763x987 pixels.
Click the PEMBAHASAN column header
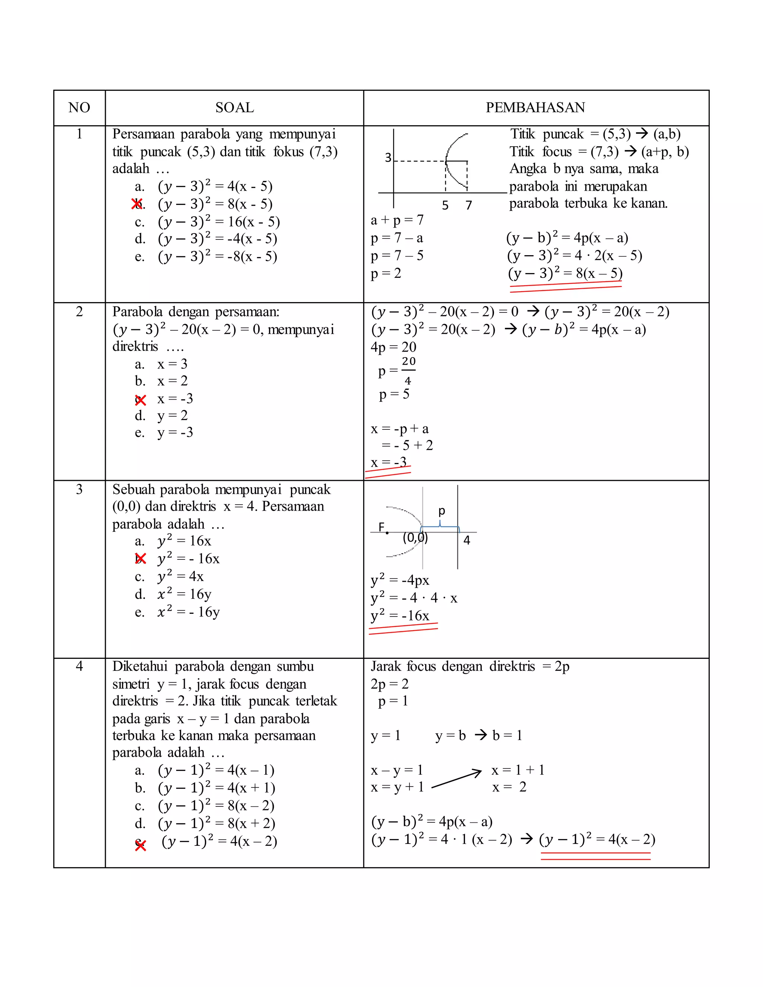[x=535, y=108]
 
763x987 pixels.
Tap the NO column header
[x=79, y=108]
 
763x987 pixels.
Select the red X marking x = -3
[x=140, y=400]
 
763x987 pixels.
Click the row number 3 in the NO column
[x=79, y=489]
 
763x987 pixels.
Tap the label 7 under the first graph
[x=469, y=205]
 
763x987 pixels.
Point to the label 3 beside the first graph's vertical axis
[x=388, y=157]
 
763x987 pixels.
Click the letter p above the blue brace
[x=441, y=511]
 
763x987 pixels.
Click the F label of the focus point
[x=381, y=527]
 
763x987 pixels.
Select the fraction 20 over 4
[x=408, y=371]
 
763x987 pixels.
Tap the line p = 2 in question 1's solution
[x=386, y=273]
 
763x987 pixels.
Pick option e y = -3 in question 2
[x=175, y=432]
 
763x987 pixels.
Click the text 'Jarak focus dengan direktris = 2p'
[x=470, y=667]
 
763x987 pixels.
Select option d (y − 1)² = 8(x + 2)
[x=216, y=823]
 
